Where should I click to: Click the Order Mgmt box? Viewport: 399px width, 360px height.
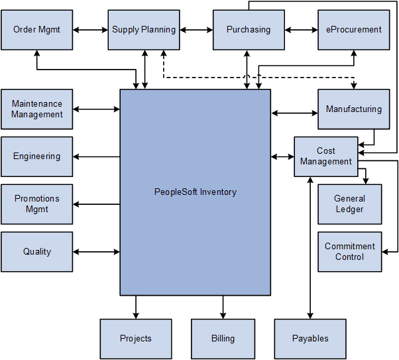click(37, 30)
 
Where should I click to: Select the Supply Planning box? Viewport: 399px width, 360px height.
click(144, 30)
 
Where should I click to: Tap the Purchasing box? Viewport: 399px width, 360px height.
click(249, 30)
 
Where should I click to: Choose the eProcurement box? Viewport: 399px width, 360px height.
click(353, 30)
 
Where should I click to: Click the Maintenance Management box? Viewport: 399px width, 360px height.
click(37, 109)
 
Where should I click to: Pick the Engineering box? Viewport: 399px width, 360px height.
click(37, 157)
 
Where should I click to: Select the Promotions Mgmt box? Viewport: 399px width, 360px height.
click(37, 204)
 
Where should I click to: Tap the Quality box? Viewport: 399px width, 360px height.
click(37, 252)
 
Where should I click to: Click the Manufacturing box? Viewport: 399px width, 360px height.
click(353, 109)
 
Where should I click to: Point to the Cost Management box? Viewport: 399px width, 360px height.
click(325, 157)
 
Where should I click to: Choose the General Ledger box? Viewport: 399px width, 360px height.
click(349, 204)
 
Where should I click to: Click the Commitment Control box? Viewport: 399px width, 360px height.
click(349, 252)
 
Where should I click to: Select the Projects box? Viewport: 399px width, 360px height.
click(136, 339)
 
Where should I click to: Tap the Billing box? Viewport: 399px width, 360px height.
click(223, 339)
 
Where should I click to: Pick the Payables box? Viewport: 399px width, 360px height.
click(310, 339)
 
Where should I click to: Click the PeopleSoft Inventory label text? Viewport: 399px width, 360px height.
click(196, 192)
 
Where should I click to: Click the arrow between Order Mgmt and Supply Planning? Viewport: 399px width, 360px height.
click(91, 30)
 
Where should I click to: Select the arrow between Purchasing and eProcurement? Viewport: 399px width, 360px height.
click(301, 30)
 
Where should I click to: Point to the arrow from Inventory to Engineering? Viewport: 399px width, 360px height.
click(97, 157)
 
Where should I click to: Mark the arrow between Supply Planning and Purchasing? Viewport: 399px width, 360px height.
click(196, 30)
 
